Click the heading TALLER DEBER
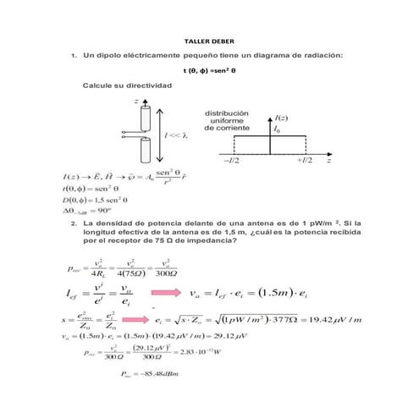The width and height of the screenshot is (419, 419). pyautogui.click(x=209, y=41)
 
